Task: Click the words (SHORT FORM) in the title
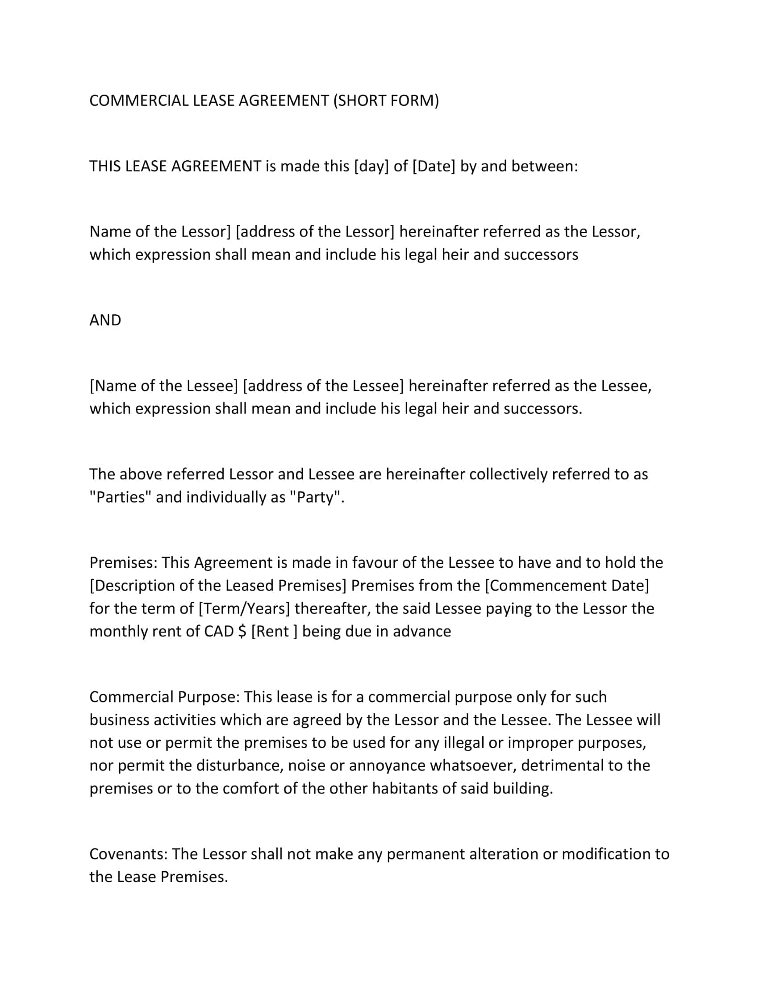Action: tap(386, 100)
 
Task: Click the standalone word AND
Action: tap(105, 320)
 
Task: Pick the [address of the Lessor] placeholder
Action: tap(315, 232)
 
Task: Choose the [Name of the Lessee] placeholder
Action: tap(164, 386)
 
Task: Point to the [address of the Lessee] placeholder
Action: tap(323, 386)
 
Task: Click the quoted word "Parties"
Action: tap(120, 497)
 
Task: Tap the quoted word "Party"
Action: tap(317, 497)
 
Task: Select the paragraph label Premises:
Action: tap(123, 562)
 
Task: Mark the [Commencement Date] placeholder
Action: tap(567, 586)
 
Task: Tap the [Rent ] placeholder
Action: tap(274, 631)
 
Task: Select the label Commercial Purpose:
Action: tap(165, 696)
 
